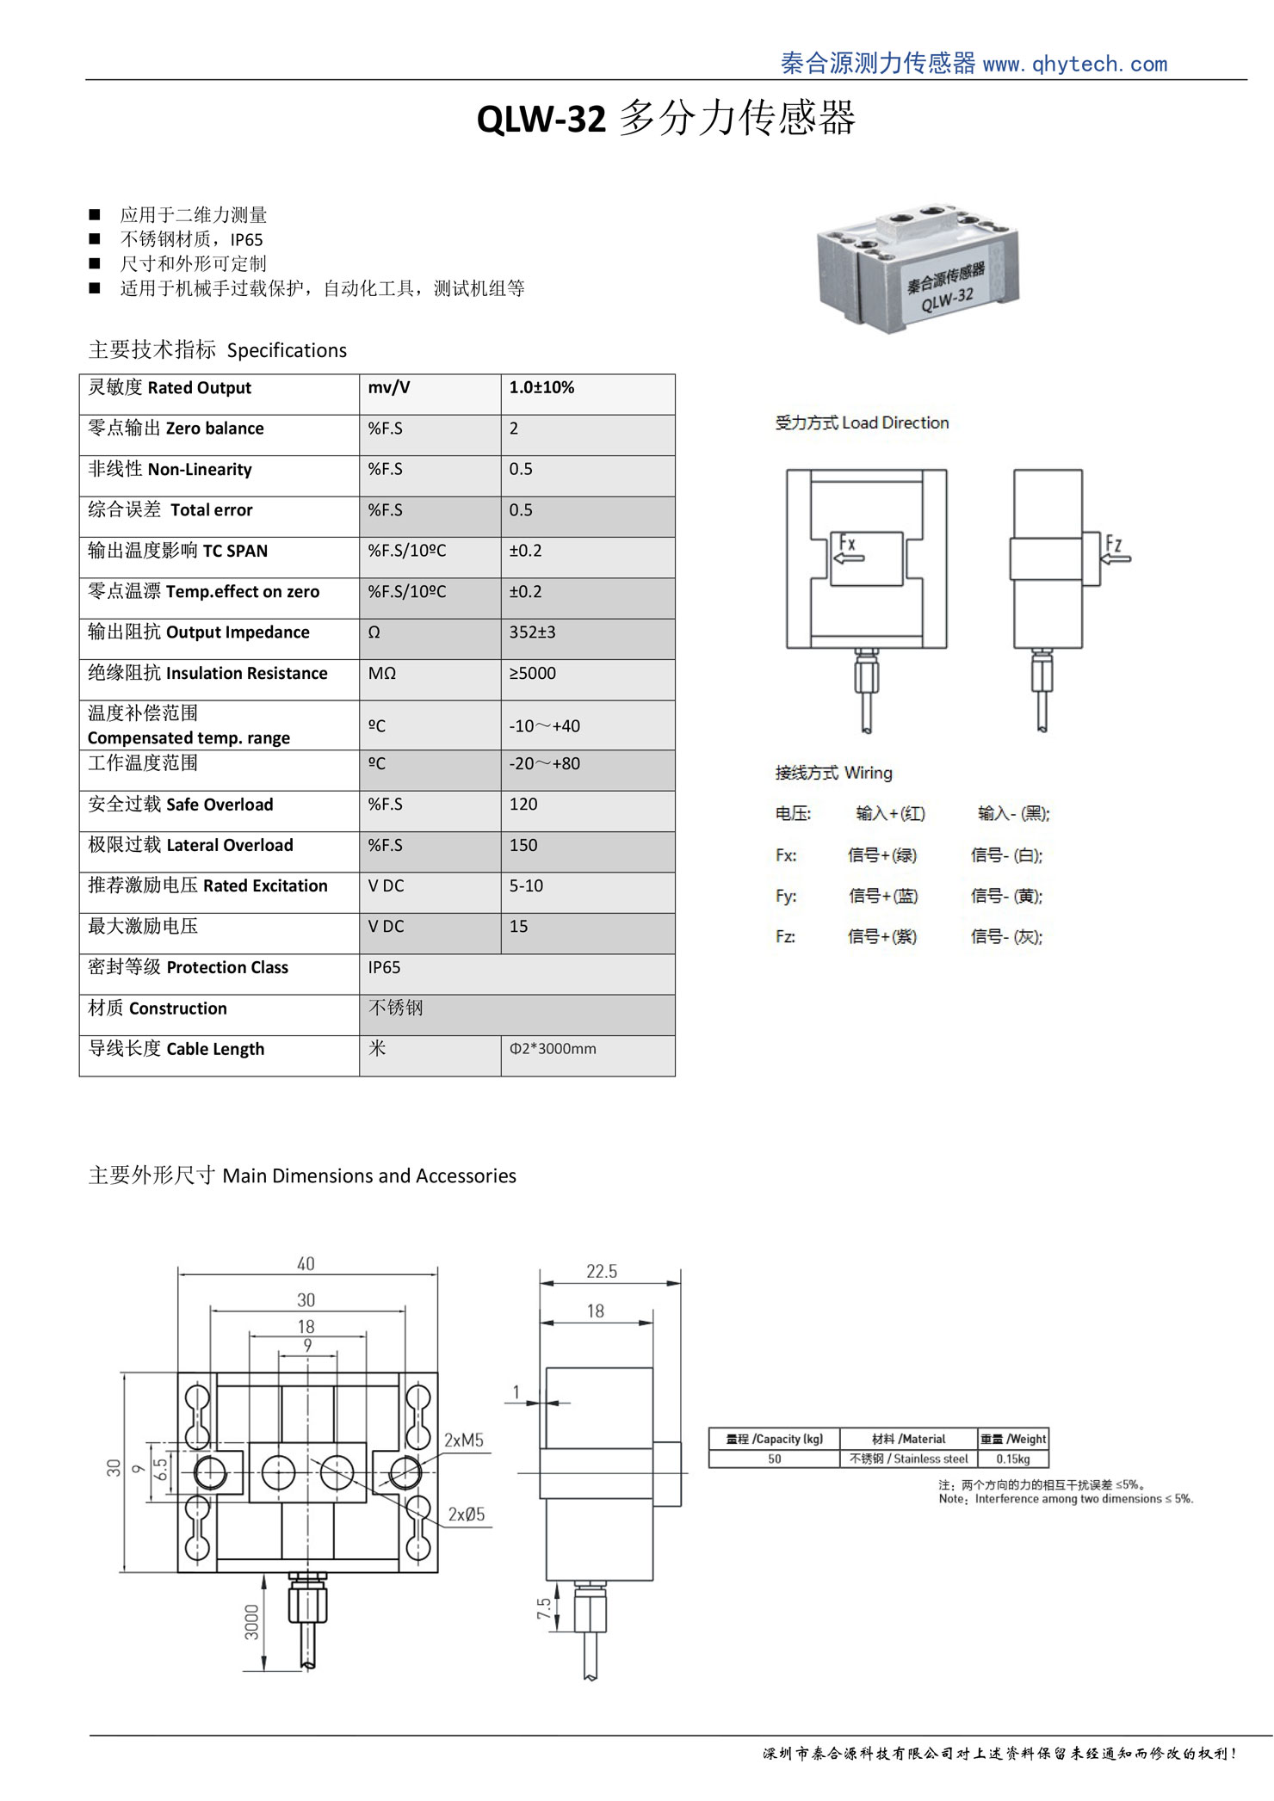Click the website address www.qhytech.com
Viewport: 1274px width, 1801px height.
(1074, 65)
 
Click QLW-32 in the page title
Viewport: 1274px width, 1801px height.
(541, 119)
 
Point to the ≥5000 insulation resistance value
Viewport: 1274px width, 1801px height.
(532, 673)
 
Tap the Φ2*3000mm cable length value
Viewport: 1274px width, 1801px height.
(553, 1049)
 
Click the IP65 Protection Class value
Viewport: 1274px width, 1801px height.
(384, 968)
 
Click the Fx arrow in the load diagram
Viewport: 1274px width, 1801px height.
(850, 558)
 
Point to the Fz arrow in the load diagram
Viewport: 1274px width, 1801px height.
(1116, 558)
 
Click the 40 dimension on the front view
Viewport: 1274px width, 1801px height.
(306, 1264)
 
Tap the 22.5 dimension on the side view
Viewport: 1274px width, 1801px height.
(602, 1272)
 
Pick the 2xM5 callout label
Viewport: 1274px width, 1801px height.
(464, 1440)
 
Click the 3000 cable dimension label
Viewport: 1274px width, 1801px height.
(251, 1621)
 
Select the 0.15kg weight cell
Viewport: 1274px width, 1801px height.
(1013, 1459)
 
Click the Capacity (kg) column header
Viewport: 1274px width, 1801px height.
(775, 1439)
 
